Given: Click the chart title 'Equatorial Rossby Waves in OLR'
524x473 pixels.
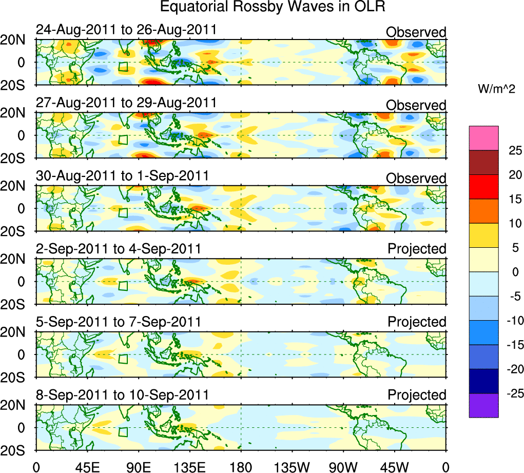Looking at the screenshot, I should (x=273, y=7).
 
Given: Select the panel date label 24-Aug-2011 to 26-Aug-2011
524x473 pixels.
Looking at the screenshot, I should (x=126, y=30).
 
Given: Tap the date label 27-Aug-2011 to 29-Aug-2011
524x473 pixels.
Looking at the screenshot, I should (x=126, y=103).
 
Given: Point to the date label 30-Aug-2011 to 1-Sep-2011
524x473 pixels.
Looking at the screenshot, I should (x=122, y=176).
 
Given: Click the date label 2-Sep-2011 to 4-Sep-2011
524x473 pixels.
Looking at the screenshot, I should (x=118, y=249).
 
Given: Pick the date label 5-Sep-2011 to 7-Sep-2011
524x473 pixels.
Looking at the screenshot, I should (x=118, y=322).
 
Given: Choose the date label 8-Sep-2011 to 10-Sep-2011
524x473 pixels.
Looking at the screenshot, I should (x=122, y=396).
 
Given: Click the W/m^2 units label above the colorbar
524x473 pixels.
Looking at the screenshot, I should (x=496, y=89).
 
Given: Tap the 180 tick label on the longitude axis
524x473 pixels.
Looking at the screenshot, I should (x=241, y=466).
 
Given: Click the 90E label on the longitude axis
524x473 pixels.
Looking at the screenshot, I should (x=138, y=466).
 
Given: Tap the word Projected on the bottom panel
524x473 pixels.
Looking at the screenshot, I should (x=417, y=395).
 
